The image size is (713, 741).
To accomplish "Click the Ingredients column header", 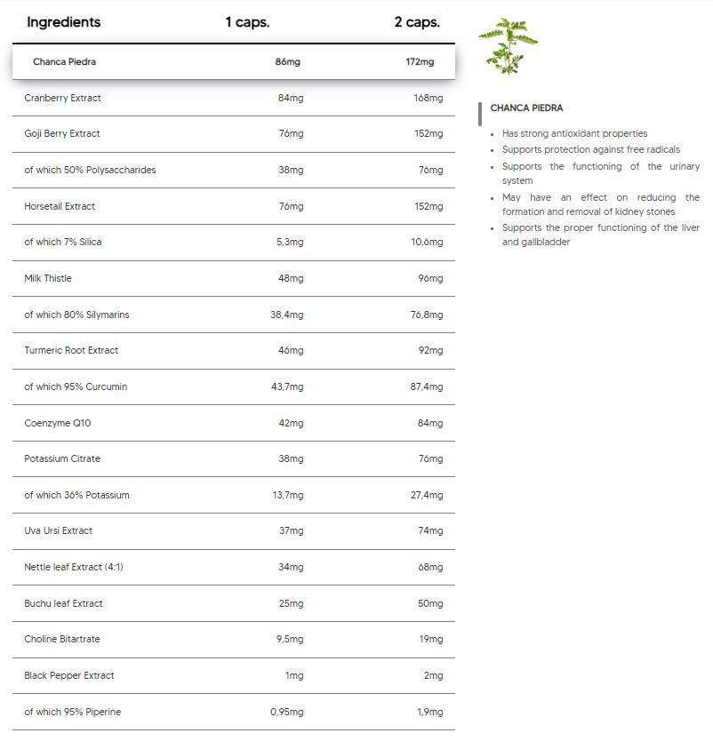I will [x=63, y=22].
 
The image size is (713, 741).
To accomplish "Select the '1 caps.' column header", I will [x=247, y=22].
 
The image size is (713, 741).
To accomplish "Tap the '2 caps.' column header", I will [x=417, y=22].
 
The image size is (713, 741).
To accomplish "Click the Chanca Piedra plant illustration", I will [x=508, y=45].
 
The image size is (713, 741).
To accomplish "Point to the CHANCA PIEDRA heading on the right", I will [x=526, y=108].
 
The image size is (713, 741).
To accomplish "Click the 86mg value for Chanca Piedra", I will [x=287, y=62].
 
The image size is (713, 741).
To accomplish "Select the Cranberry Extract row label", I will [x=62, y=98].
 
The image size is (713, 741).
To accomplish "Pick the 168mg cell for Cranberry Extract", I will [x=428, y=98].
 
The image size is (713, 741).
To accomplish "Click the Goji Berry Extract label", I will [x=62, y=133].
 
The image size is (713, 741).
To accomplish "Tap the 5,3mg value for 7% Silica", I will [x=290, y=242].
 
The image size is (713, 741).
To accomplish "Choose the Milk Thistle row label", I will [x=48, y=278].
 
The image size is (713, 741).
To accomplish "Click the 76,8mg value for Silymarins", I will [x=426, y=315].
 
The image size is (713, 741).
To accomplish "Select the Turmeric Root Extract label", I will [x=71, y=350].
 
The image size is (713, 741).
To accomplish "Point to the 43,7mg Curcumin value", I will [x=286, y=386].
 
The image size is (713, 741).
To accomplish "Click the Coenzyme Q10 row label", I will [x=57, y=423].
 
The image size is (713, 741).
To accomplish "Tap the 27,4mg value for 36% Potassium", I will [x=426, y=495].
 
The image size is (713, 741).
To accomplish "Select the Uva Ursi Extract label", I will [x=58, y=530].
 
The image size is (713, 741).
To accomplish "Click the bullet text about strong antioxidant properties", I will [x=574, y=133].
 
